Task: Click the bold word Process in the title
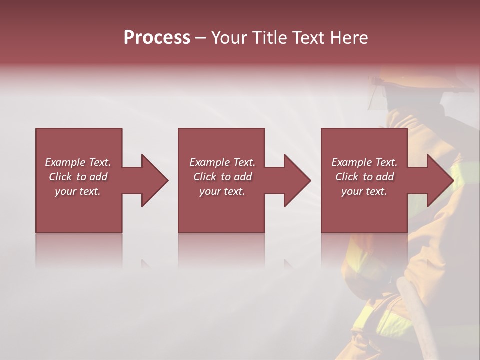click(x=157, y=38)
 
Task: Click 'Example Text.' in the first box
click(x=78, y=162)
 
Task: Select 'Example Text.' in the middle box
click(x=222, y=162)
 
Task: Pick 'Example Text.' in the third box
click(x=364, y=162)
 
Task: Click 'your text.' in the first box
click(x=78, y=191)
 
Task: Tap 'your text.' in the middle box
click(x=222, y=191)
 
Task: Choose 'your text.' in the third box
click(x=364, y=191)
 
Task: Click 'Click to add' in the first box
click(x=78, y=177)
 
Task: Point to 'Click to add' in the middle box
click(x=222, y=177)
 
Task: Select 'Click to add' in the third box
click(x=364, y=177)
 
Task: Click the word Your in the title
click(x=229, y=38)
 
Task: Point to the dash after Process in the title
click(x=201, y=38)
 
